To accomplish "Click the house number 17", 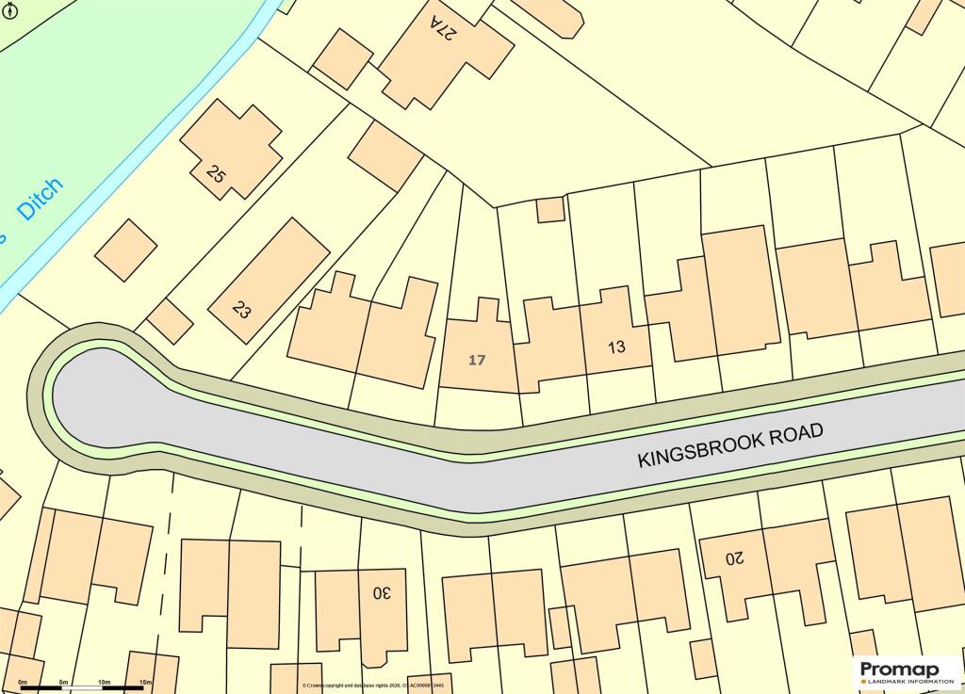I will pos(477,360).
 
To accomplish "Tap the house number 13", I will pos(616,347).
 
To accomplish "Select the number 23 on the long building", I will pos(241,309).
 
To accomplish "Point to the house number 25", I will pos(217,174).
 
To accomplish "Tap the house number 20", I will pos(734,557).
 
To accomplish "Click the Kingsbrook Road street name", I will pos(730,444).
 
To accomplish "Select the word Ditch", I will pos(42,199).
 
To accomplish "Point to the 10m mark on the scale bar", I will pos(104,681).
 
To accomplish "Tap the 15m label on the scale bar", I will pos(145,681).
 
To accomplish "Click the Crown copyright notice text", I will pos(373,686).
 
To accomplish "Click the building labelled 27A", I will pos(443,52).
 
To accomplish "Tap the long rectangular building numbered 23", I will pos(269,281).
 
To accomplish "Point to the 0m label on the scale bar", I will pos(23,681).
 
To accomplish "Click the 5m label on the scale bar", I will pos(63,681).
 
